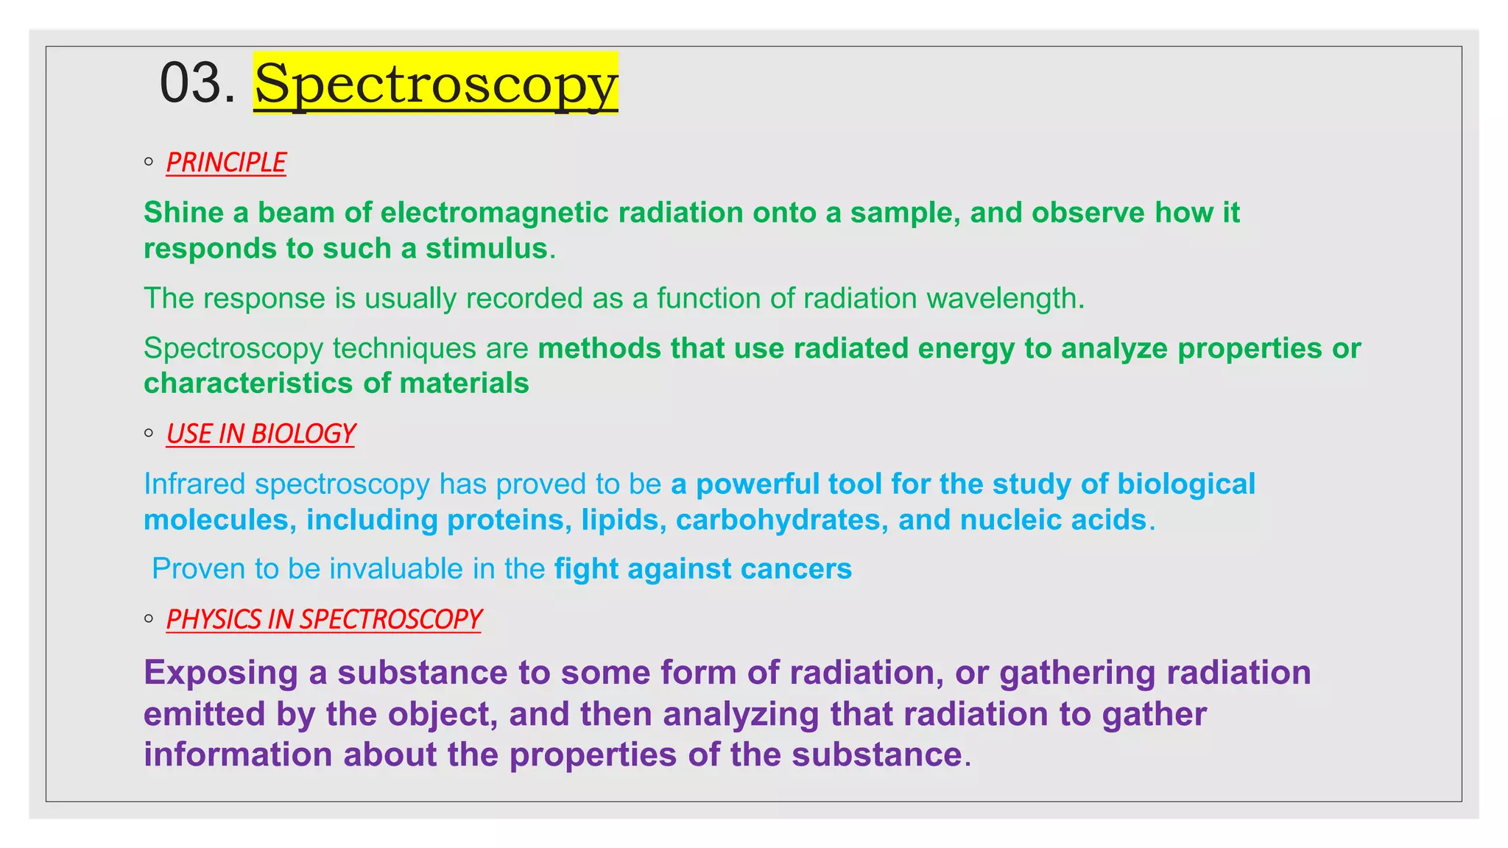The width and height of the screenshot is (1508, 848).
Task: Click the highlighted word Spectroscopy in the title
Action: click(435, 83)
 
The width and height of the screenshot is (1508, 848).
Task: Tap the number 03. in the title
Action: click(197, 83)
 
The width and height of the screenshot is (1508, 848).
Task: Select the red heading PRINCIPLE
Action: click(226, 163)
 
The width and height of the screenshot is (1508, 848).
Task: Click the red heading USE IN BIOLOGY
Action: click(261, 434)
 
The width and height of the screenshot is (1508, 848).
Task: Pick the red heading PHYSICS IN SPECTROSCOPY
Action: click(324, 620)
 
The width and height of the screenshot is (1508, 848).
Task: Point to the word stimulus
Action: click(486, 249)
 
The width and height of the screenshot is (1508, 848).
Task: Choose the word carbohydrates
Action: click(778, 520)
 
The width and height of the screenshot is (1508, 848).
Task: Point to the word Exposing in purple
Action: click(221, 673)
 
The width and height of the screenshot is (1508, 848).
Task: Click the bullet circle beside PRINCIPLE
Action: click(149, 161)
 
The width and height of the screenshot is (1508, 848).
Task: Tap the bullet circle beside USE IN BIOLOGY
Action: click(149, 433)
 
